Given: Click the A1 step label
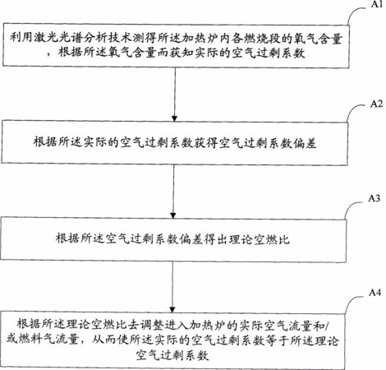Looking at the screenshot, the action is click(x=377, y=4).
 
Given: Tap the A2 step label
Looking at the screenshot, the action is click(x=376, y=104).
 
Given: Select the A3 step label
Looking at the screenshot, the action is click(x=374, y=198).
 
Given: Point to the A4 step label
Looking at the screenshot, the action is click(x=375, y=293).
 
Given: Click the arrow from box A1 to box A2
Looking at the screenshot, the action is click(x=174, y=95).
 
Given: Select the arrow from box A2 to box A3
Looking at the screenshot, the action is click(x=173, y=192).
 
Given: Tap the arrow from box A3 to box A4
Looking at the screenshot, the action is click(x=172, y=287).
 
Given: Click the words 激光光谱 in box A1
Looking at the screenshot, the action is click(x=58, y=38).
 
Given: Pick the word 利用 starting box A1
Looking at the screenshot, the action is click(x=21, y=38).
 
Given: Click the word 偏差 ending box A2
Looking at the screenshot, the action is click(x=305, y=143).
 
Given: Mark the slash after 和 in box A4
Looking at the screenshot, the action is click(x=329, y=326).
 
